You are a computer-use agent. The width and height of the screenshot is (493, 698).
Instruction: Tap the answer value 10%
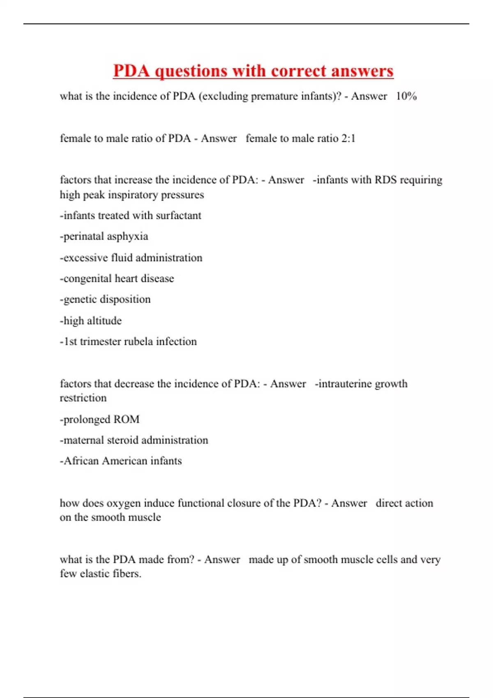click(406, 96)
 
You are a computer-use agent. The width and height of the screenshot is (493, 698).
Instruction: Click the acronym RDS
click(385, 180)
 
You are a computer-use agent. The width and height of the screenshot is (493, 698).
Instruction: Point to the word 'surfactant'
click(178, 216)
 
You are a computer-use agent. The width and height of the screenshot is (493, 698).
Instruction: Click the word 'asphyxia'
click(129, 237)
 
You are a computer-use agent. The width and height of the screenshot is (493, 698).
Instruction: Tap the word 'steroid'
click(125, 440)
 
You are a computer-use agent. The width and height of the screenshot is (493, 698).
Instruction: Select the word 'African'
click(81, 461)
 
